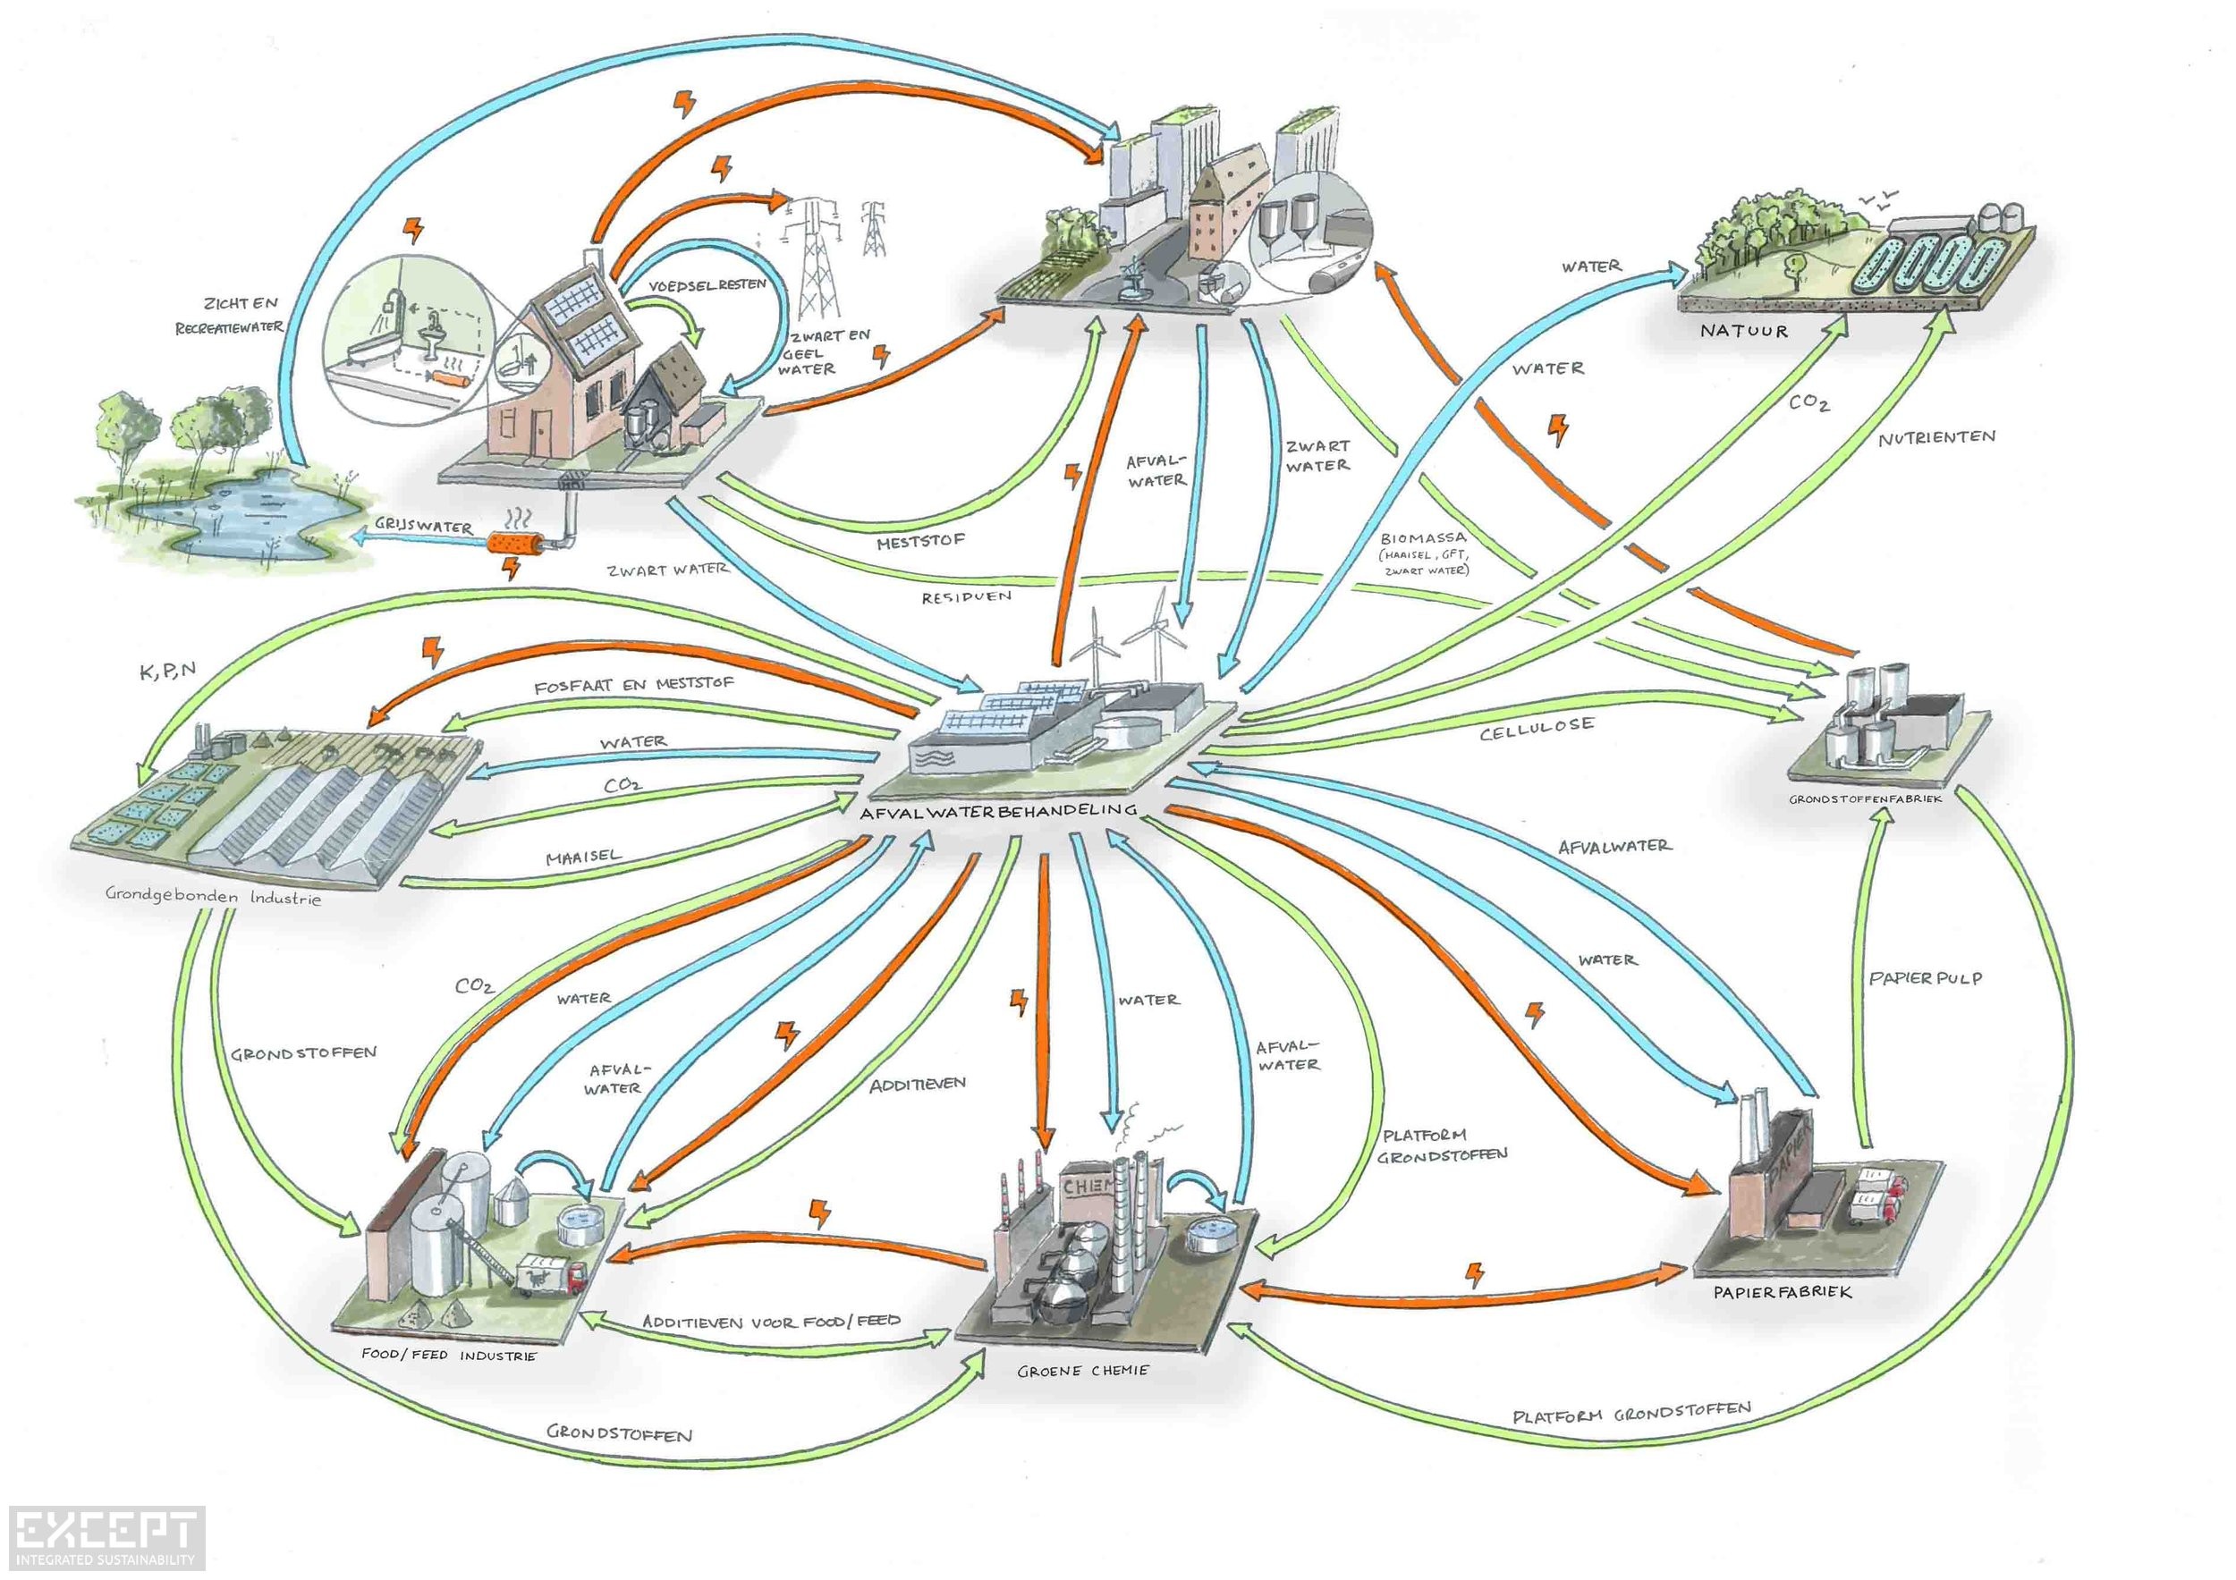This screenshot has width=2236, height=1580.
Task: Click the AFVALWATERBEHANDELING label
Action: (x=998, y=810)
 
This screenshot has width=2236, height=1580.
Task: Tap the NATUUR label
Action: (x=1744, y=331)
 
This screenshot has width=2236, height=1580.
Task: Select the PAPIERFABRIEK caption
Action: (x=1783, y=1293)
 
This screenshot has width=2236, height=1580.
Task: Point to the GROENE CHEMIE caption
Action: (x=1083, y=1371)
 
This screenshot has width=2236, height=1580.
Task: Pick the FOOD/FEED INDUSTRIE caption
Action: (x=449, y=1356)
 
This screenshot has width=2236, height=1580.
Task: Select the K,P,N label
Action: (x=167, y=670)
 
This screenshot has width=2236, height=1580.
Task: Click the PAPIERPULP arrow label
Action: (x=1926, y=977)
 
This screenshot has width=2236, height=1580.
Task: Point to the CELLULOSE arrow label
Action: (x=1537, y=728)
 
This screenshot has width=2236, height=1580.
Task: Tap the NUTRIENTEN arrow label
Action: (x=1936, y=438)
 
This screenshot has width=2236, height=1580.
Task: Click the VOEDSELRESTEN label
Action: (x=707, y=285)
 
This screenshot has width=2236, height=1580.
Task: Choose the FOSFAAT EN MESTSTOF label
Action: (x=633, y=684)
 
